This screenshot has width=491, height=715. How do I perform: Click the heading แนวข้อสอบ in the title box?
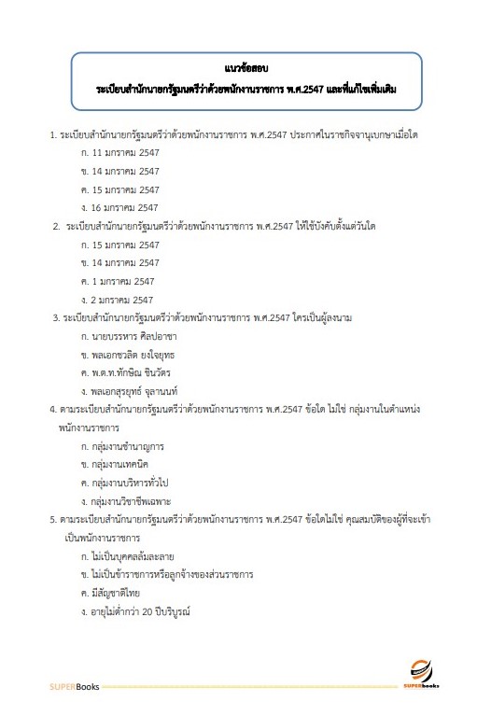pyautogui.click(x=246, y=68)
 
